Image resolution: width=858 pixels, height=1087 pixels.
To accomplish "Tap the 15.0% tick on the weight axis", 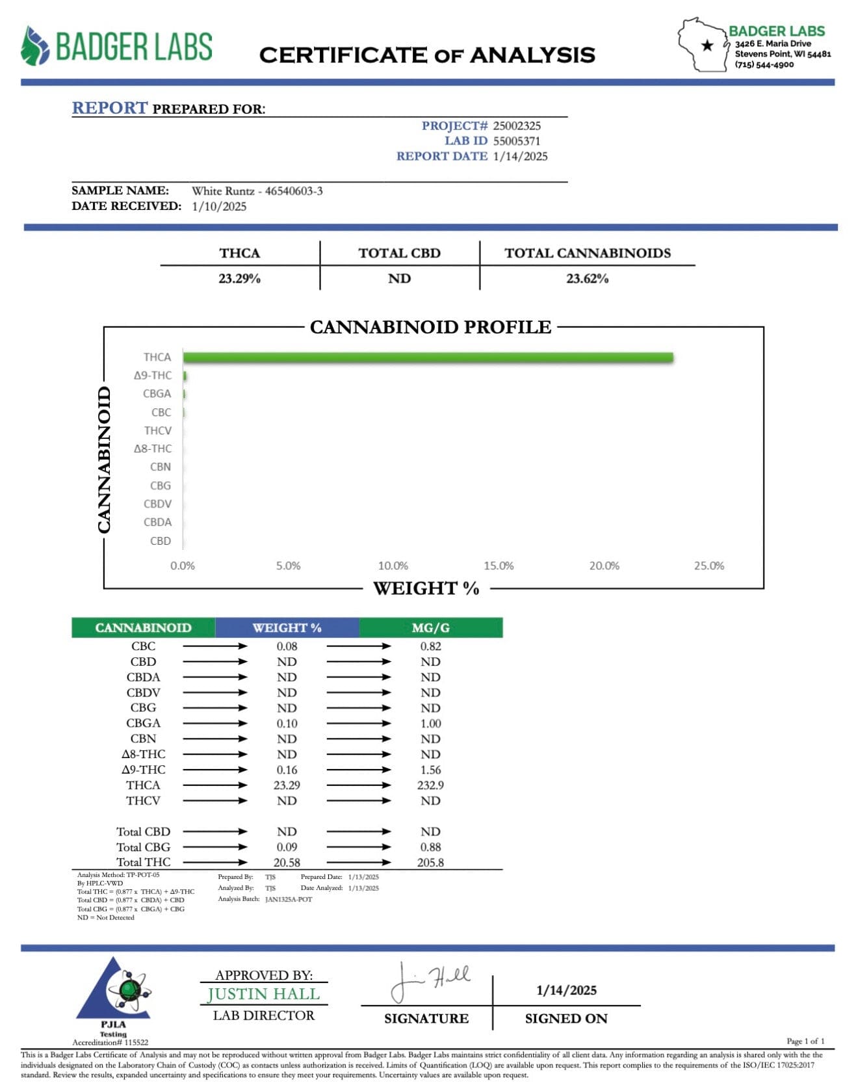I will pyautogui.click(x=499, y=566).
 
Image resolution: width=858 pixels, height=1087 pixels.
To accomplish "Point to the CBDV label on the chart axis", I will pyautogui.click(x=157, y=504).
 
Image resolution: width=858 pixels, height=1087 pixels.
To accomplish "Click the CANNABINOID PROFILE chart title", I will pyautogui.click(x=430, y=327).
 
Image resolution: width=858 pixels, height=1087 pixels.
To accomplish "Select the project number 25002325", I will pyautogui.click(x=517, y=126).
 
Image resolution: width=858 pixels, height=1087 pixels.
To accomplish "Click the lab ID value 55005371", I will pyautogui.click(x=517, y=141).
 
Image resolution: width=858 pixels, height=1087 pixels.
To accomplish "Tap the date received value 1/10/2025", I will pyautogui.click(x=219, y=207).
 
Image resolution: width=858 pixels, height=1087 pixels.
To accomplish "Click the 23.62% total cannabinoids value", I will pyautogui.click(x=587, y=279).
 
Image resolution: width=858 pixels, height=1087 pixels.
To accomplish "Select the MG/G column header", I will pyautogui.click(x=430, y=628).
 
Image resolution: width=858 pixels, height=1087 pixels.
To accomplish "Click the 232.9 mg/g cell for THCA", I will pyautogui.click(x=430, y=785).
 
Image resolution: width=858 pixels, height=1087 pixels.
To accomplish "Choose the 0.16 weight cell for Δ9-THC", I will pyautogui.click(x=287, y=770).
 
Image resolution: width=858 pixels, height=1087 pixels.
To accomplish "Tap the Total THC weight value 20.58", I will pyautogui.click(x=287, y=863).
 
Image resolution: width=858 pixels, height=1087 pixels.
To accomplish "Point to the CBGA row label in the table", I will pyautogui.click(x=143, y=724).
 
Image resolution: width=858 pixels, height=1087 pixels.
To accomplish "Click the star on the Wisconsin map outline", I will pyautogui.click(x=708, y=46).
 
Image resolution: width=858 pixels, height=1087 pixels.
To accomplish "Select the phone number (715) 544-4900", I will pyautogui.click(x=764, y=65).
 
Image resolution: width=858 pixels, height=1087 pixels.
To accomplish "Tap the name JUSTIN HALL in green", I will pyautogui.click(x=263, y=994).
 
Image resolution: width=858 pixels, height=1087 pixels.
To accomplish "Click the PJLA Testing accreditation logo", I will pyautogui.click(x=114, y=995).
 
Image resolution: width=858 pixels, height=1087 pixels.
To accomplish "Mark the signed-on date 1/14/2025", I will pyautogui.click(x=566, y=990).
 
